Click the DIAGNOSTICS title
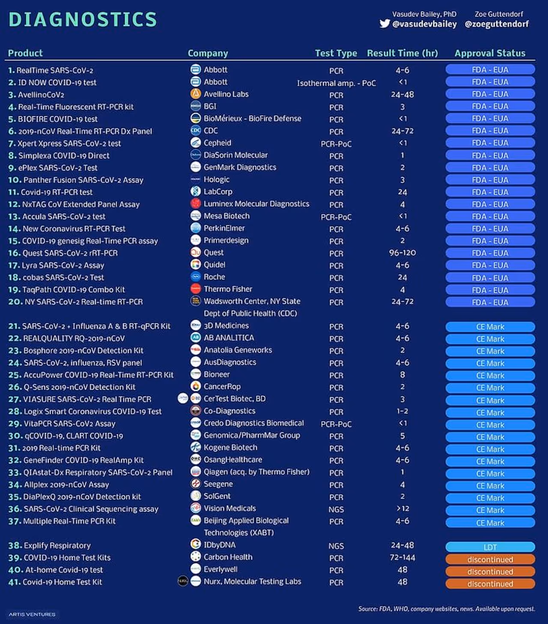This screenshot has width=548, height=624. [83, 20]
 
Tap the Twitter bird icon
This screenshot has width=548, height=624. [384, 24]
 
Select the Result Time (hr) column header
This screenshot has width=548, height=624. [402, 53]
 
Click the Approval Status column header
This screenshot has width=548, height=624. [490, 53]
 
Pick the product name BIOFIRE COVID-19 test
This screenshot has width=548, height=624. [58, 119]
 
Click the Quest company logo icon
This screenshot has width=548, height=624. [196, 252]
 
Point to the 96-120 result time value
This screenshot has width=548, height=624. [402, 253]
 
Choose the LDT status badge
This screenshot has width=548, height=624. [490, 547]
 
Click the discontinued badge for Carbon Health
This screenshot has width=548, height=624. [490, 559]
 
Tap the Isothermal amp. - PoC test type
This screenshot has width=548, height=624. [336, 83]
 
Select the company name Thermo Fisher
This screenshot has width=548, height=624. [228, 289]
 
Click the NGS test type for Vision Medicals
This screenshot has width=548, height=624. [336, 510]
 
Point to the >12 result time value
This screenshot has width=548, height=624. [402, 509]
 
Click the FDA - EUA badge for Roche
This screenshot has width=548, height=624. [490, 278]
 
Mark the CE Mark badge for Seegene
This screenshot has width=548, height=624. [490, 486]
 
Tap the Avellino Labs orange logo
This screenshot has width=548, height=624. [196, 94]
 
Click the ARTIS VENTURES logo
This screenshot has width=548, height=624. [32, 614]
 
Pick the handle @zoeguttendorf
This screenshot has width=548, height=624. [497, 24]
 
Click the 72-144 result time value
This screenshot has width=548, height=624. [402, 558]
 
